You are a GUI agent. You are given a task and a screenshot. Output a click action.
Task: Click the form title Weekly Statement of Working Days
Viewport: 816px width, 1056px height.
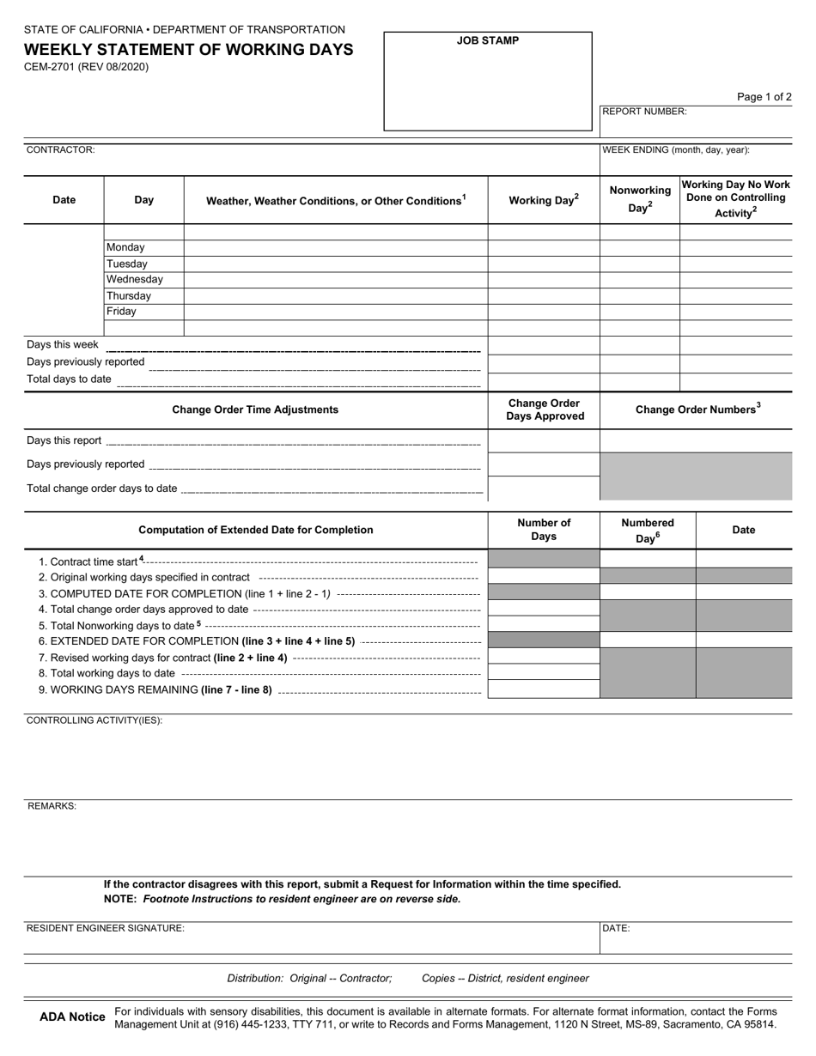pos(187,50)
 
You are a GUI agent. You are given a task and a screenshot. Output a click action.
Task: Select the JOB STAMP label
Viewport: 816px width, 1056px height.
pos(487,40)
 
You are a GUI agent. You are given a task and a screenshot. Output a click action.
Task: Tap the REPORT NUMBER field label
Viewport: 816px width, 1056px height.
pos(644,112)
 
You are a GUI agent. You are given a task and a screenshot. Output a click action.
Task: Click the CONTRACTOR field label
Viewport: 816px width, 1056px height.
pos(61,149)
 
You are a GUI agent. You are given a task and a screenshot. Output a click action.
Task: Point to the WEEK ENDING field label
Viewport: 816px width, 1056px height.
pos(676,149)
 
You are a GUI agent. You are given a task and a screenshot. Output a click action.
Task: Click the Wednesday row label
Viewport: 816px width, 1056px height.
pos(135,279)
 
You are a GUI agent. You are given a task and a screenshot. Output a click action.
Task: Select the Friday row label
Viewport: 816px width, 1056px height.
pos(121,312)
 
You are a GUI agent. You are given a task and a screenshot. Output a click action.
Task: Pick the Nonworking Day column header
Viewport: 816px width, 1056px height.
pos(640,199)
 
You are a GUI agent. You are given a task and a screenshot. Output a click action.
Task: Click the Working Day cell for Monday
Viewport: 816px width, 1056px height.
pos(543,247)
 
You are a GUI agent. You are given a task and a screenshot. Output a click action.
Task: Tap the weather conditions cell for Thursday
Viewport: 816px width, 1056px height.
pos(335,295)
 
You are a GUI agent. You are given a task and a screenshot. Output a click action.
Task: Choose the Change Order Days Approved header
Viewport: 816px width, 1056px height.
pos(543,410)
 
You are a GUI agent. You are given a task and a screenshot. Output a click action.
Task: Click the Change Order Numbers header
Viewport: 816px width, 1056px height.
pos(697,410)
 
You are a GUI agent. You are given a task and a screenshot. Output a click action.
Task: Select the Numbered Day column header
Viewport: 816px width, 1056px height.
pos(647,530)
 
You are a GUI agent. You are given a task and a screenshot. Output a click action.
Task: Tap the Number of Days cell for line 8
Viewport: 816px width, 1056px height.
pos(543,672)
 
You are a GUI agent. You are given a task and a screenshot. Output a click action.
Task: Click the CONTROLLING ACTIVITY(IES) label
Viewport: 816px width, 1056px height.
pos(94,720)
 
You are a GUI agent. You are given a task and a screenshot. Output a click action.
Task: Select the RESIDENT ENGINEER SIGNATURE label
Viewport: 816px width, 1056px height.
pos(106,928)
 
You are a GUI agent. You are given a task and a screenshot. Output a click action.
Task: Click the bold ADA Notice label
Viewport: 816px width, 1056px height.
pos(72,1017)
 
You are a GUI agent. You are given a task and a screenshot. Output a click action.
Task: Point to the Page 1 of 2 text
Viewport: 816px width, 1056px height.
pos(764,97)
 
